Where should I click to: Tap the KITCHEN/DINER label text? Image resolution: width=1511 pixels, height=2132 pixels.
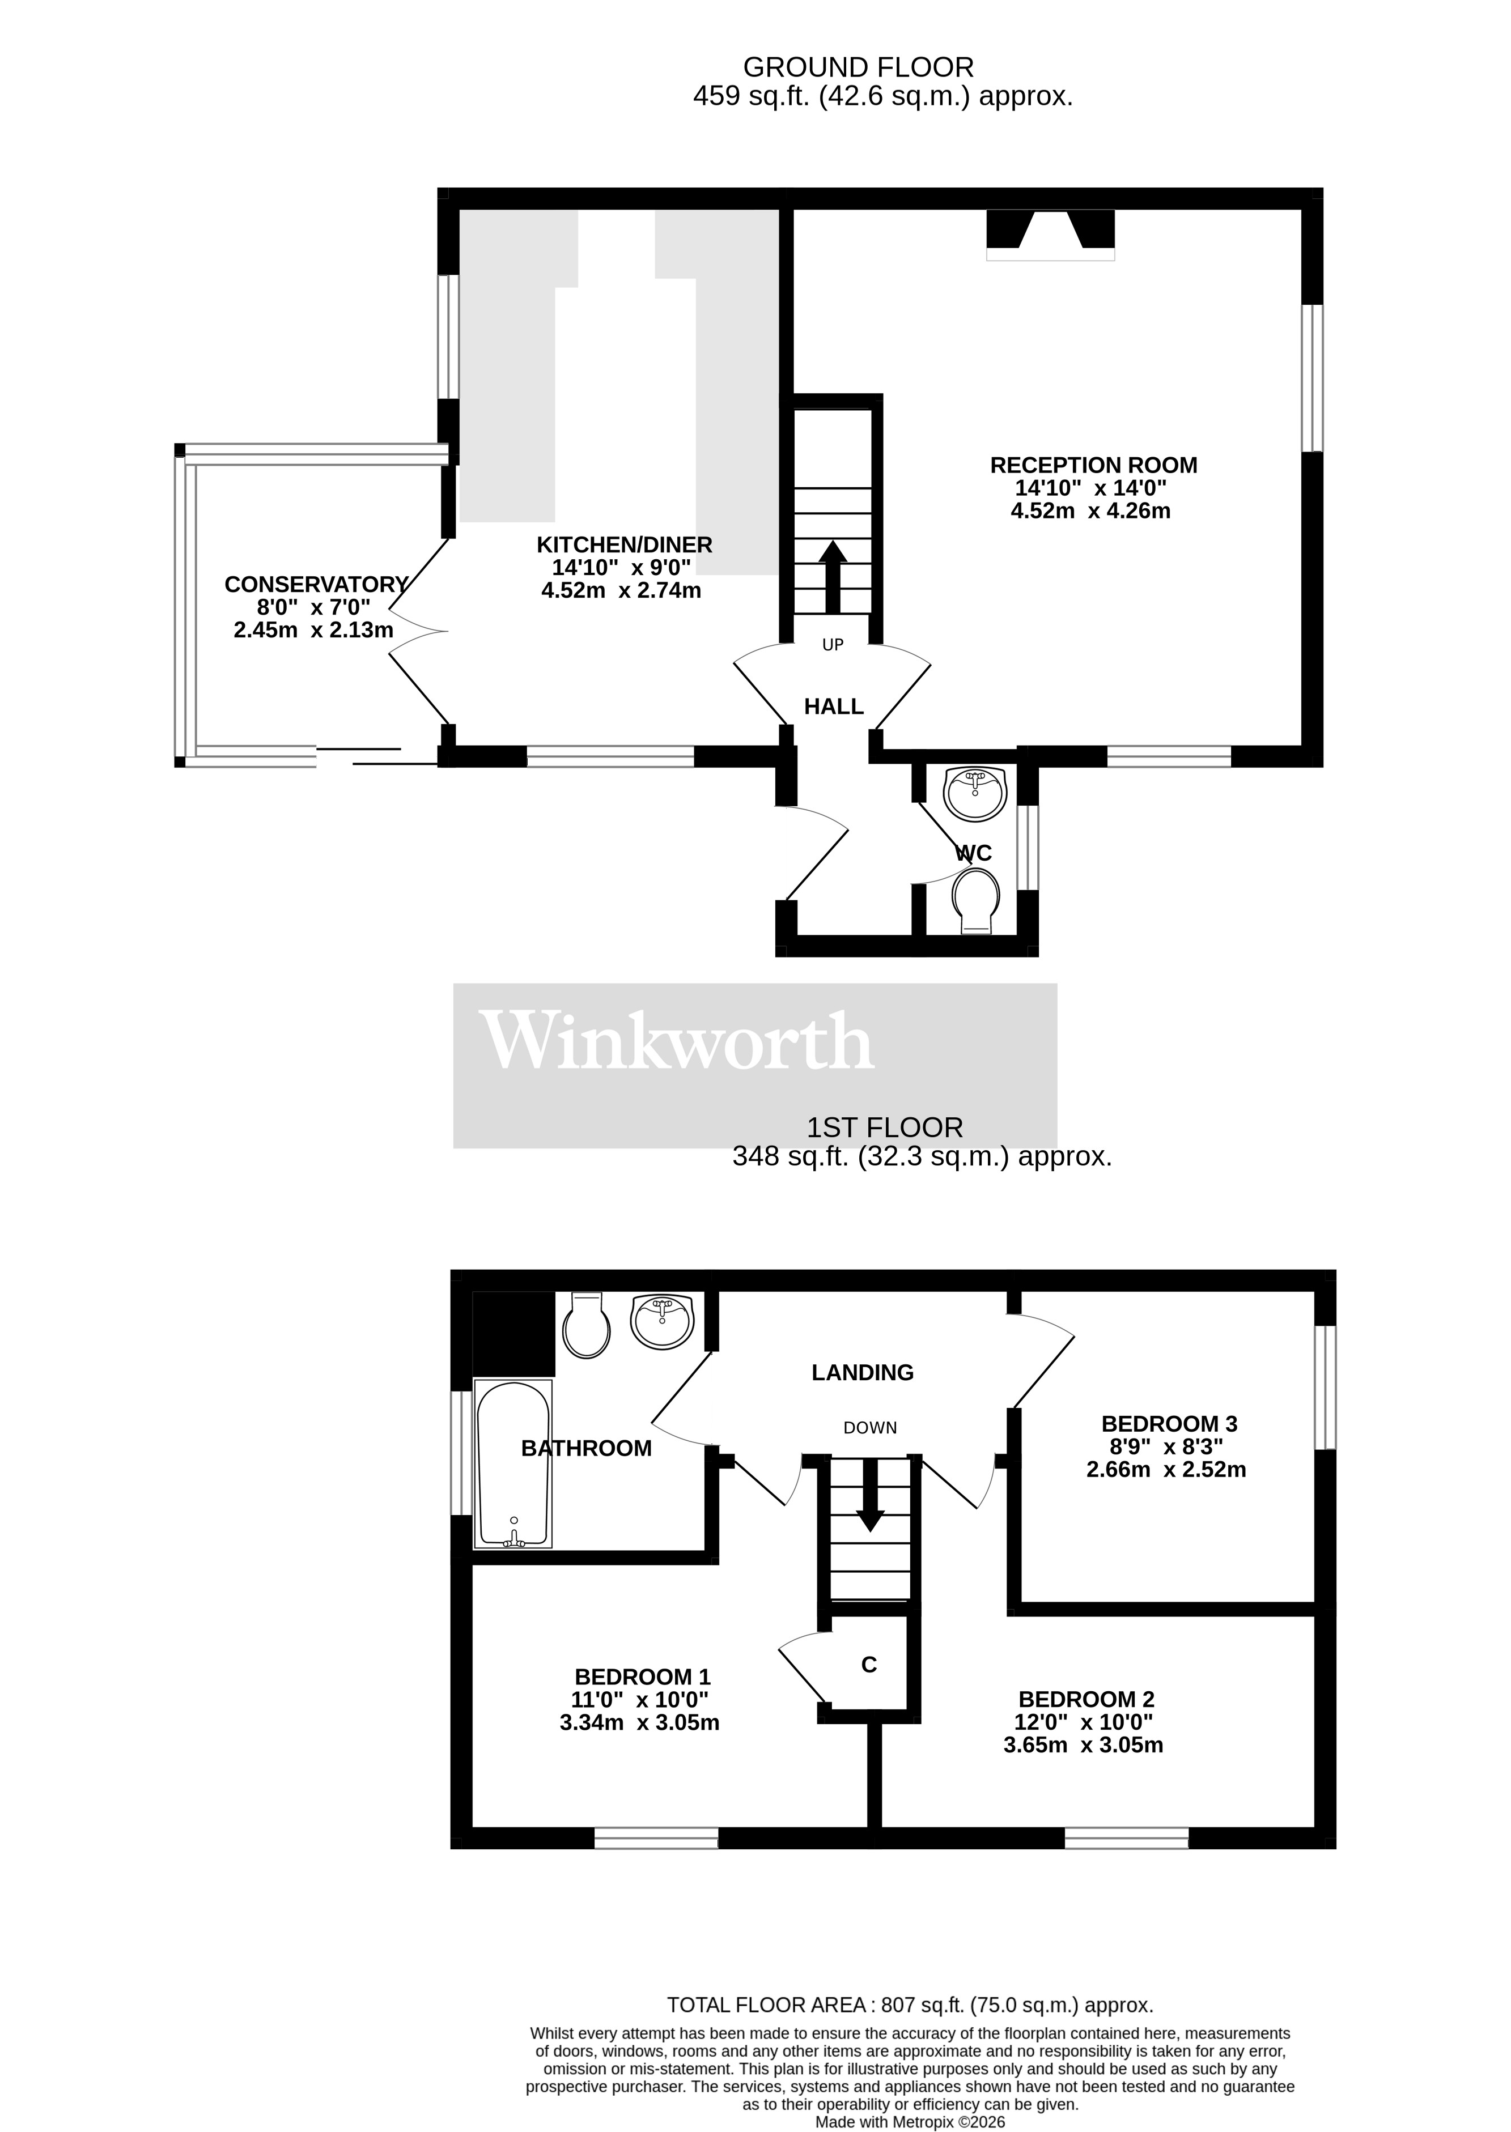coord(625,544)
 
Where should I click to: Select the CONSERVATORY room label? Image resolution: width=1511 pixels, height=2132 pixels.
coord(316,584)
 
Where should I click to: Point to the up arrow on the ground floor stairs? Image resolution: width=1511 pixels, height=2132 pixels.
coord(833,577)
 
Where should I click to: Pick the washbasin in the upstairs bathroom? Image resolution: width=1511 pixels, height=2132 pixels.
coord(663,1320)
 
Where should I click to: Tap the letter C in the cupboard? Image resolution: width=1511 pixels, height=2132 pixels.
coord(869,1665)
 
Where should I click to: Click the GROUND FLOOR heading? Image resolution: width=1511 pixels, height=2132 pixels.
coord(858,67)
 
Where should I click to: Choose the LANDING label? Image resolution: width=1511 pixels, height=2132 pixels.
coord(863,1372)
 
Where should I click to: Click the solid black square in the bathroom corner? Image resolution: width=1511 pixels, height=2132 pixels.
coord(513,1333)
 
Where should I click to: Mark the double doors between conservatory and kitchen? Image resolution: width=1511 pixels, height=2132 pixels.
coord(419,632)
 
